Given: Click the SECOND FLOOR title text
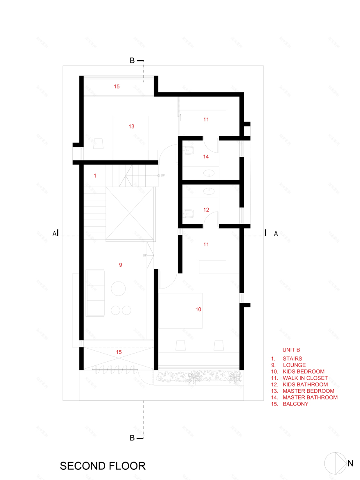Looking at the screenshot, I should tap(102, 466).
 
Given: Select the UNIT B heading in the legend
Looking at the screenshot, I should tap(291, 350).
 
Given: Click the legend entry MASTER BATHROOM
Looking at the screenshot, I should tap(310, 397).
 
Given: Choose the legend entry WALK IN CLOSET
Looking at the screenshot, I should tap(305, 378).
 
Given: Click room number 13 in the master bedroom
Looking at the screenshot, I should tap(131, 127).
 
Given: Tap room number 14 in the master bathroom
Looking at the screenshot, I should tap(206, 157).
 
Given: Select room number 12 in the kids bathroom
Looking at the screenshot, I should tap(206, 210).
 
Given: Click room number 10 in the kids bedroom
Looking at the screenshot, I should tap(198, 309).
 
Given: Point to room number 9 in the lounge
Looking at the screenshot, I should tap(121, 265).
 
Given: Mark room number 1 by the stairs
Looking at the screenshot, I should tap(95, 176).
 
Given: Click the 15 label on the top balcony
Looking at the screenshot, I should tap(117, 87).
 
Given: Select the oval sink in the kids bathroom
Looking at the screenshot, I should tap(210, 190).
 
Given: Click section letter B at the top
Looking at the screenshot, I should tap(132, 61).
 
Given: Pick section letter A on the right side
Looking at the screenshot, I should tap(276, 234).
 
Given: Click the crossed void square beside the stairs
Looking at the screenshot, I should tap(130, 214).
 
